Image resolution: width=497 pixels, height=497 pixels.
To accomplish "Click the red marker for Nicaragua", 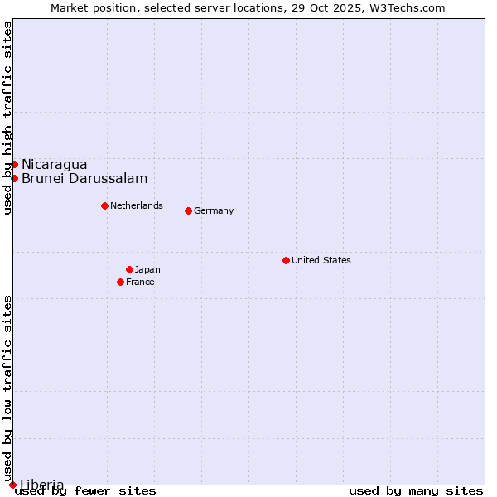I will pos(14,164).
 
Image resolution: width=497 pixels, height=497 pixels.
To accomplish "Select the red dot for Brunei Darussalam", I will pos(14,178).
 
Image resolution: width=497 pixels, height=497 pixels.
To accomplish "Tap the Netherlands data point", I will pos(104,205).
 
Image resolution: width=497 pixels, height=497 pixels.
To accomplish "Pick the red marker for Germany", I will pos(188,210).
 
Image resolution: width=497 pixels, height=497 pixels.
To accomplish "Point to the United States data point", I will pos(286,260).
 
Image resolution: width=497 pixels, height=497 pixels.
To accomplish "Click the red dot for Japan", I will pos(129,269).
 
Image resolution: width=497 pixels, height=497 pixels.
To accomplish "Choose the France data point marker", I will pos(121,282).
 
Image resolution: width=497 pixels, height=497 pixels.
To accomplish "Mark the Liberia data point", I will pos(12,485).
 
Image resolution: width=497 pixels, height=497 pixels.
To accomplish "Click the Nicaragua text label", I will pos(54,164).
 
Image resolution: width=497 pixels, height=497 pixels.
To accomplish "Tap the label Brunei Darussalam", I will pos(84,178).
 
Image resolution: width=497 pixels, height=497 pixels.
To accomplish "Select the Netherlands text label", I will pos(136,205).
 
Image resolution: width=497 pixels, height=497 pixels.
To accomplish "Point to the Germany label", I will pos(214,210).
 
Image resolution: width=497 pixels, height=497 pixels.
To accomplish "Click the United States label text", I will pos(321,260).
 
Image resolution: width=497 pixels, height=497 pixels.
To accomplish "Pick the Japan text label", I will pos(147,269).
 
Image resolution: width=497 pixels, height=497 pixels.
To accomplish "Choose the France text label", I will pos(140,282).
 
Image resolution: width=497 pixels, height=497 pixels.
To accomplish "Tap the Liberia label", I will pos(41,485).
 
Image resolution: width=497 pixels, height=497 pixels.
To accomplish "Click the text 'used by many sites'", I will pos(416,491).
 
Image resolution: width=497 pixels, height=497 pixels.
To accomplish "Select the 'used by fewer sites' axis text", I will pos(86,491).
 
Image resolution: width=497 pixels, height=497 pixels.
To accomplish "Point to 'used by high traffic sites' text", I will pos(7,118).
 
